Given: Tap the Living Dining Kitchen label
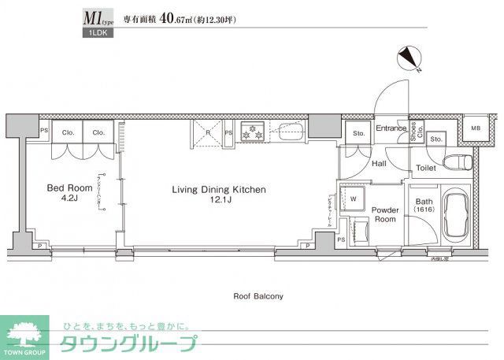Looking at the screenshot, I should pos(220,190).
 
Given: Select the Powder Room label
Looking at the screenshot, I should pos(386,214).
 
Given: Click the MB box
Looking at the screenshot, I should pos(476,128).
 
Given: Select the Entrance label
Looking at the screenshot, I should pos(390,128).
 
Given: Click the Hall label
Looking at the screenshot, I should pos(379,164).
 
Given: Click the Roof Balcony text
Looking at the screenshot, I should pos(258,296).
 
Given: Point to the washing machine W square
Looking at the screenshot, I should pos(353,198).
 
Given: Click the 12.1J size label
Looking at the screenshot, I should pos(220,202).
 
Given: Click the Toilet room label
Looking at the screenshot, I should pos(426,168).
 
